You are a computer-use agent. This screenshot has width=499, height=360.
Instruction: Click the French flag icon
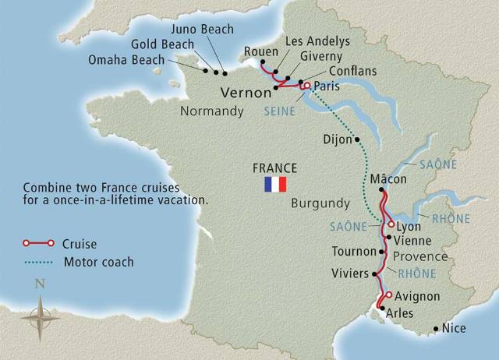(276, 184)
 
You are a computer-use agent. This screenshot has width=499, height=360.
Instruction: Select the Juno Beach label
(207, 29)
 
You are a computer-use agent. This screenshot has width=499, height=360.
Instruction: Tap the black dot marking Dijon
(357, 140)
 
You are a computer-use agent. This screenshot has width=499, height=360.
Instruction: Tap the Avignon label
(418, 297)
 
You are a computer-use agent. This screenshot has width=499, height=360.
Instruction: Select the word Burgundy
(320, 203)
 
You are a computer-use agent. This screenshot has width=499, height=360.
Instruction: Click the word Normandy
(212, 112)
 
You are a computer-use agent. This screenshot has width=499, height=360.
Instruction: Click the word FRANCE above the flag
(275, 168)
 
